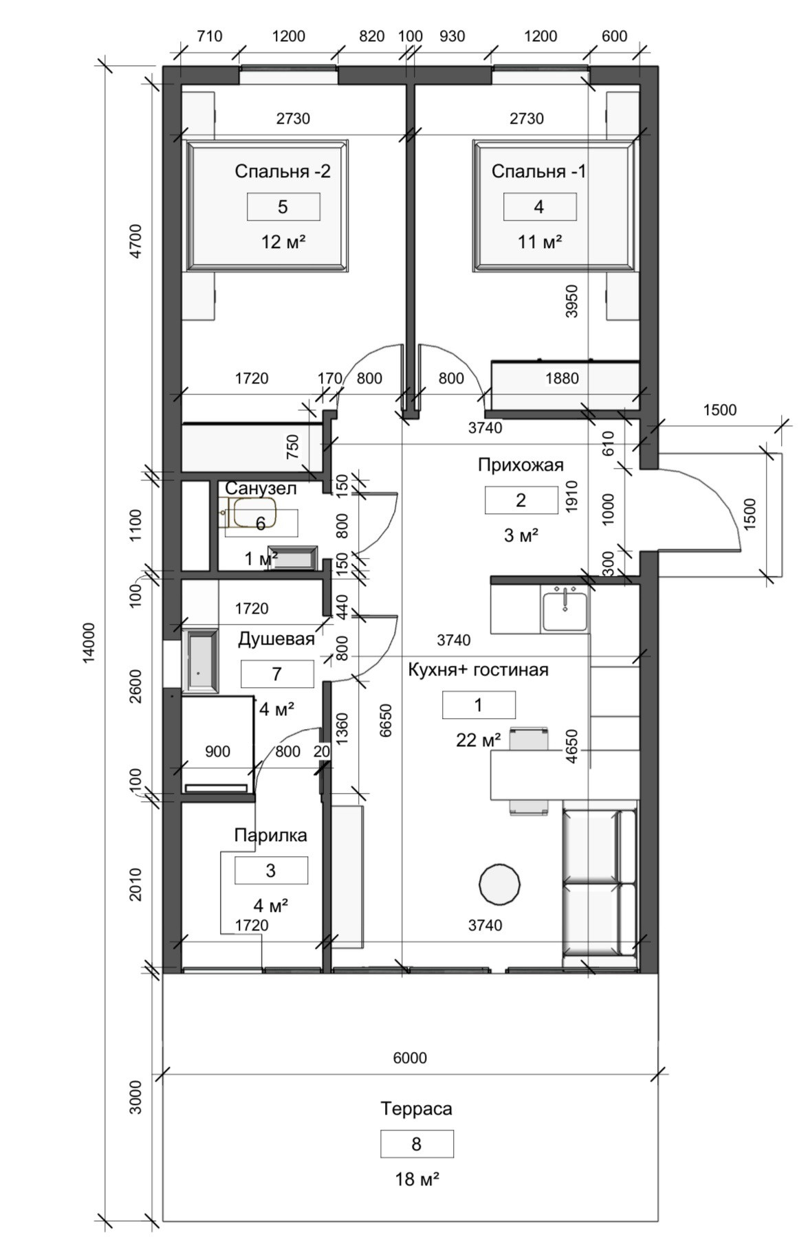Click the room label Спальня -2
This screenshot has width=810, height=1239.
pyautogui.click(x=282, y=171)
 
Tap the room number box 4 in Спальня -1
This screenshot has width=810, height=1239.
pyautogui.click(x=539, y=207)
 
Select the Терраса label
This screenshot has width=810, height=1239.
pyautogui.click(x=416, y=1108)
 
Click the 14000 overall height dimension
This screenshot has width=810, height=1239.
pyautogui.click(x=88, y=643)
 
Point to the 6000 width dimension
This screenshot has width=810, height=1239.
pyautogui.click(x=410, y=1058)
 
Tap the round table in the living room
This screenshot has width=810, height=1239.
pyautogui.click(x=499, y=884)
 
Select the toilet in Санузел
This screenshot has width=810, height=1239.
pyautogui.click(x=252, y=513)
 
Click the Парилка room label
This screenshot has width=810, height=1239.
pyautogui.click(x=270, y=836)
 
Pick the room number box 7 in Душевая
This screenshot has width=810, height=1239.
pyautogui.click(x=276, y=673)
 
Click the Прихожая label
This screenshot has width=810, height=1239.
pyautogui.click(x=521, y=465)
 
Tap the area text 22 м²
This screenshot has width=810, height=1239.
pyautogui.click(x=478, y=740)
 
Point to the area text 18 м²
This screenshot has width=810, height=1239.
pyautogui.click(x=417, y=1180)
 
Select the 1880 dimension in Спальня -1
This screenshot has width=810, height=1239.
pyautogui.click(x=562, y=378)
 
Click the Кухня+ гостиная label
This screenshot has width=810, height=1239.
pyautogui.click(x=478, y=669)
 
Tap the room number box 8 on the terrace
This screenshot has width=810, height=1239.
pyautogui.click(x=416, y=1144)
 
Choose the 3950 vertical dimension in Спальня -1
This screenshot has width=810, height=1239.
pyautogui.click(x=571, y=301)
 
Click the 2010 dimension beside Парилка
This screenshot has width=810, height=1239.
pyautogui.click(x=135, y=884)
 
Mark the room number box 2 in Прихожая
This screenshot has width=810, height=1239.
pyautogui.click(x=521, y=500)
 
